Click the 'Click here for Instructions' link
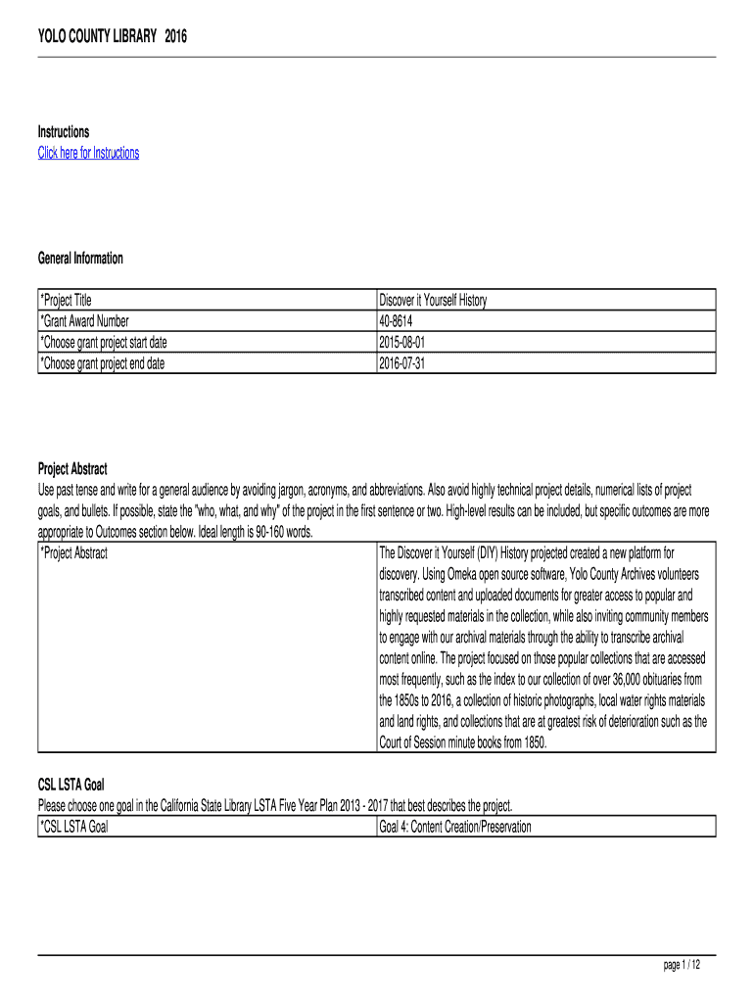tap(88, 153)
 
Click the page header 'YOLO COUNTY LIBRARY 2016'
tap(112, 37)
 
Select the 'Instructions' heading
tap(64, 132)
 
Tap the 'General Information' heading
tap(80, 259)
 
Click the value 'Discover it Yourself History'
tap(432, 300)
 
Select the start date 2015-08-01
tap(401, 342)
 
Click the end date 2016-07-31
tap(401, 362)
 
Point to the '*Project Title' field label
tap(66, 300)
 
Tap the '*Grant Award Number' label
tap(84, 320)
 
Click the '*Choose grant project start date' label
tap(110, 342)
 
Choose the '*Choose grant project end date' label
tap(108, 362)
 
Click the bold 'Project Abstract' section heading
tap(72, 469)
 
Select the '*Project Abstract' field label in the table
tap(73, 552)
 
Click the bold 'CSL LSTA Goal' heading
tap(71, 785)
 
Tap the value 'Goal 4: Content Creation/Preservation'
tap(454, 827)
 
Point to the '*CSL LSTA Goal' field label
tap(73, 827)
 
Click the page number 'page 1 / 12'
tap(683, 966)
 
